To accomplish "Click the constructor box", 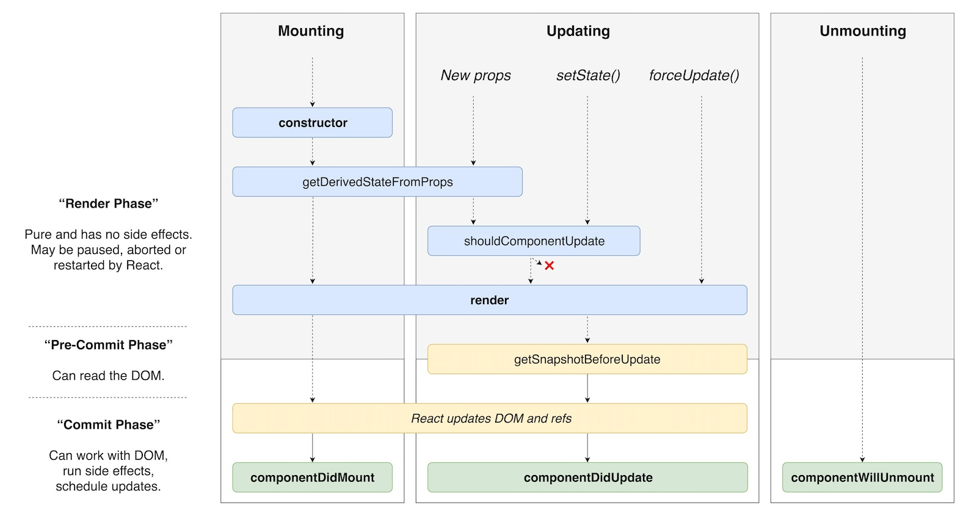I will tap(312, 123).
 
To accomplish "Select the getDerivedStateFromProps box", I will tap(377, 182).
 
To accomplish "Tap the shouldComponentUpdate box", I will tap(534, 241).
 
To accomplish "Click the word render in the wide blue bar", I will tap(489, 300).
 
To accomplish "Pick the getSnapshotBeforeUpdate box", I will tap(587, 359).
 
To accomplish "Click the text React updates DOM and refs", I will tap(491, 418).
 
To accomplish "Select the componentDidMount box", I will tap(312, 478).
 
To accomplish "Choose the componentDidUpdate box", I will tap(587, 478).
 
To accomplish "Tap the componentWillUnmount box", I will tap(862, 478).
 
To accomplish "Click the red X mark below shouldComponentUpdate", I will tap(550, 266).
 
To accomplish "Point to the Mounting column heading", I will tap(311, 31).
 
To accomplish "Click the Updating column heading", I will tap(578, 31).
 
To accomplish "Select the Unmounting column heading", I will tap(862, 31).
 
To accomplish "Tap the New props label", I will tap(476, 76).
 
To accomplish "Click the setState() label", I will tap(587, 76).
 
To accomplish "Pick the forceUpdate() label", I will tap(694, 76).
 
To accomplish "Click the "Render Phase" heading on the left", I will tap(109, 204).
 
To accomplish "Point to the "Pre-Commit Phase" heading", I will tap(109, 345).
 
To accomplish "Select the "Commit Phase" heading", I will tap(109, 425).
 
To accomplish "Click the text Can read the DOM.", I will tap(109, 376).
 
